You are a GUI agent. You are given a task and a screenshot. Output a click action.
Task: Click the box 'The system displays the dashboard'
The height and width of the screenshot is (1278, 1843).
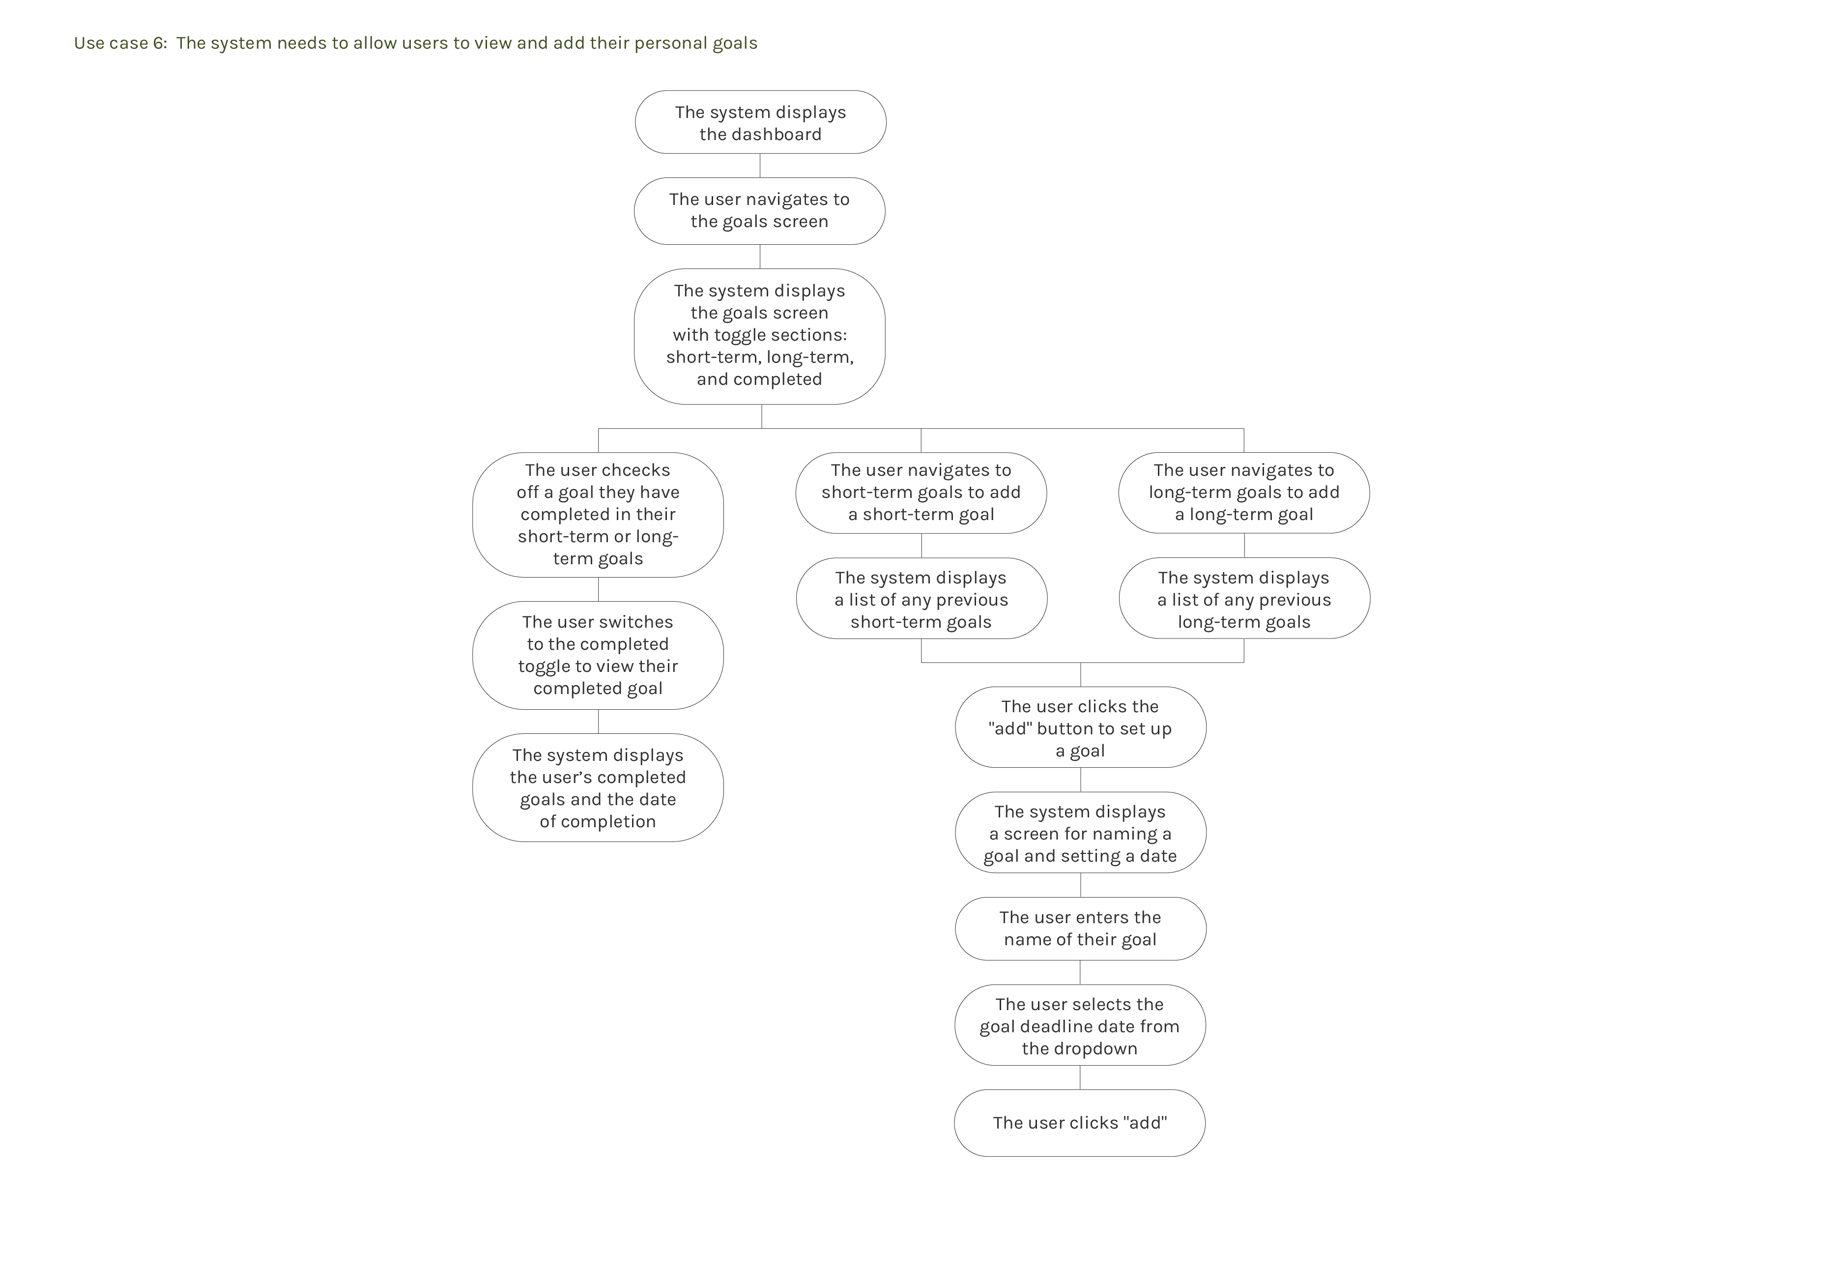(760, 122)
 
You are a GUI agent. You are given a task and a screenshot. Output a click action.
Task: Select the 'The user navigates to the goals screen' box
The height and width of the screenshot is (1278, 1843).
(759, 210)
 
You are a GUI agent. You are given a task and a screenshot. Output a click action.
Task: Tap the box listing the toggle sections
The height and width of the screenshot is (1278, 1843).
(759, 336)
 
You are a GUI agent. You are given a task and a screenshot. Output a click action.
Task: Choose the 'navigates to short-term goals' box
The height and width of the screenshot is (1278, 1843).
(921, 493)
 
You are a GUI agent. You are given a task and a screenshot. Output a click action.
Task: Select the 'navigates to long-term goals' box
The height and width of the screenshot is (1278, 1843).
(1243, 493)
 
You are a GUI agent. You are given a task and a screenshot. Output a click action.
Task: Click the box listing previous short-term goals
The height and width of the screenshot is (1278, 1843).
(921, 599)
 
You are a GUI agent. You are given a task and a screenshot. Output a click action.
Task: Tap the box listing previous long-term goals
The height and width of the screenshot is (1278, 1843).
(1243, 599)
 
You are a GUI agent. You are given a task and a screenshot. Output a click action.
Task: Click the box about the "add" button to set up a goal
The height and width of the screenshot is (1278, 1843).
(1080, 728)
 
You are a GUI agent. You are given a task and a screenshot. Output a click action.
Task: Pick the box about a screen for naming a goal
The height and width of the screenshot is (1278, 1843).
(1080, 834)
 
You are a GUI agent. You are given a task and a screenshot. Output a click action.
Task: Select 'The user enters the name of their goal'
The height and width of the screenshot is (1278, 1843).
(1080, 929)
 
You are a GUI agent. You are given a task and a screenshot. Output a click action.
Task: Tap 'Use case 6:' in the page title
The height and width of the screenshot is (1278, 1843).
(120, 43)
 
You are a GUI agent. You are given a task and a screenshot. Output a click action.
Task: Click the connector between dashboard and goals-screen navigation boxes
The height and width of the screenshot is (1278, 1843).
(760, 166)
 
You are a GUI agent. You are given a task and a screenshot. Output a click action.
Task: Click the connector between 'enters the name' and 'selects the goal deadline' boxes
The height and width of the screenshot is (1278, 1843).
(1080, 973)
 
